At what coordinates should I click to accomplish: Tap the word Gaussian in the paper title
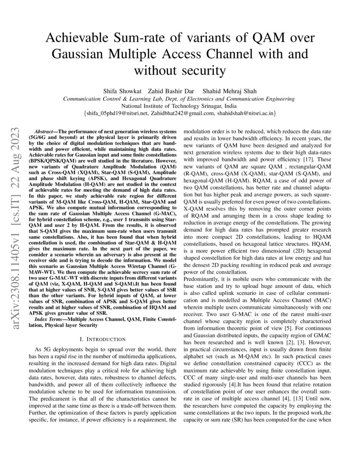[78, 54]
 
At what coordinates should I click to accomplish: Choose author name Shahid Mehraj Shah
[224, 91]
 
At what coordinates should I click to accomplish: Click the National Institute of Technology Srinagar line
[179, 106]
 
